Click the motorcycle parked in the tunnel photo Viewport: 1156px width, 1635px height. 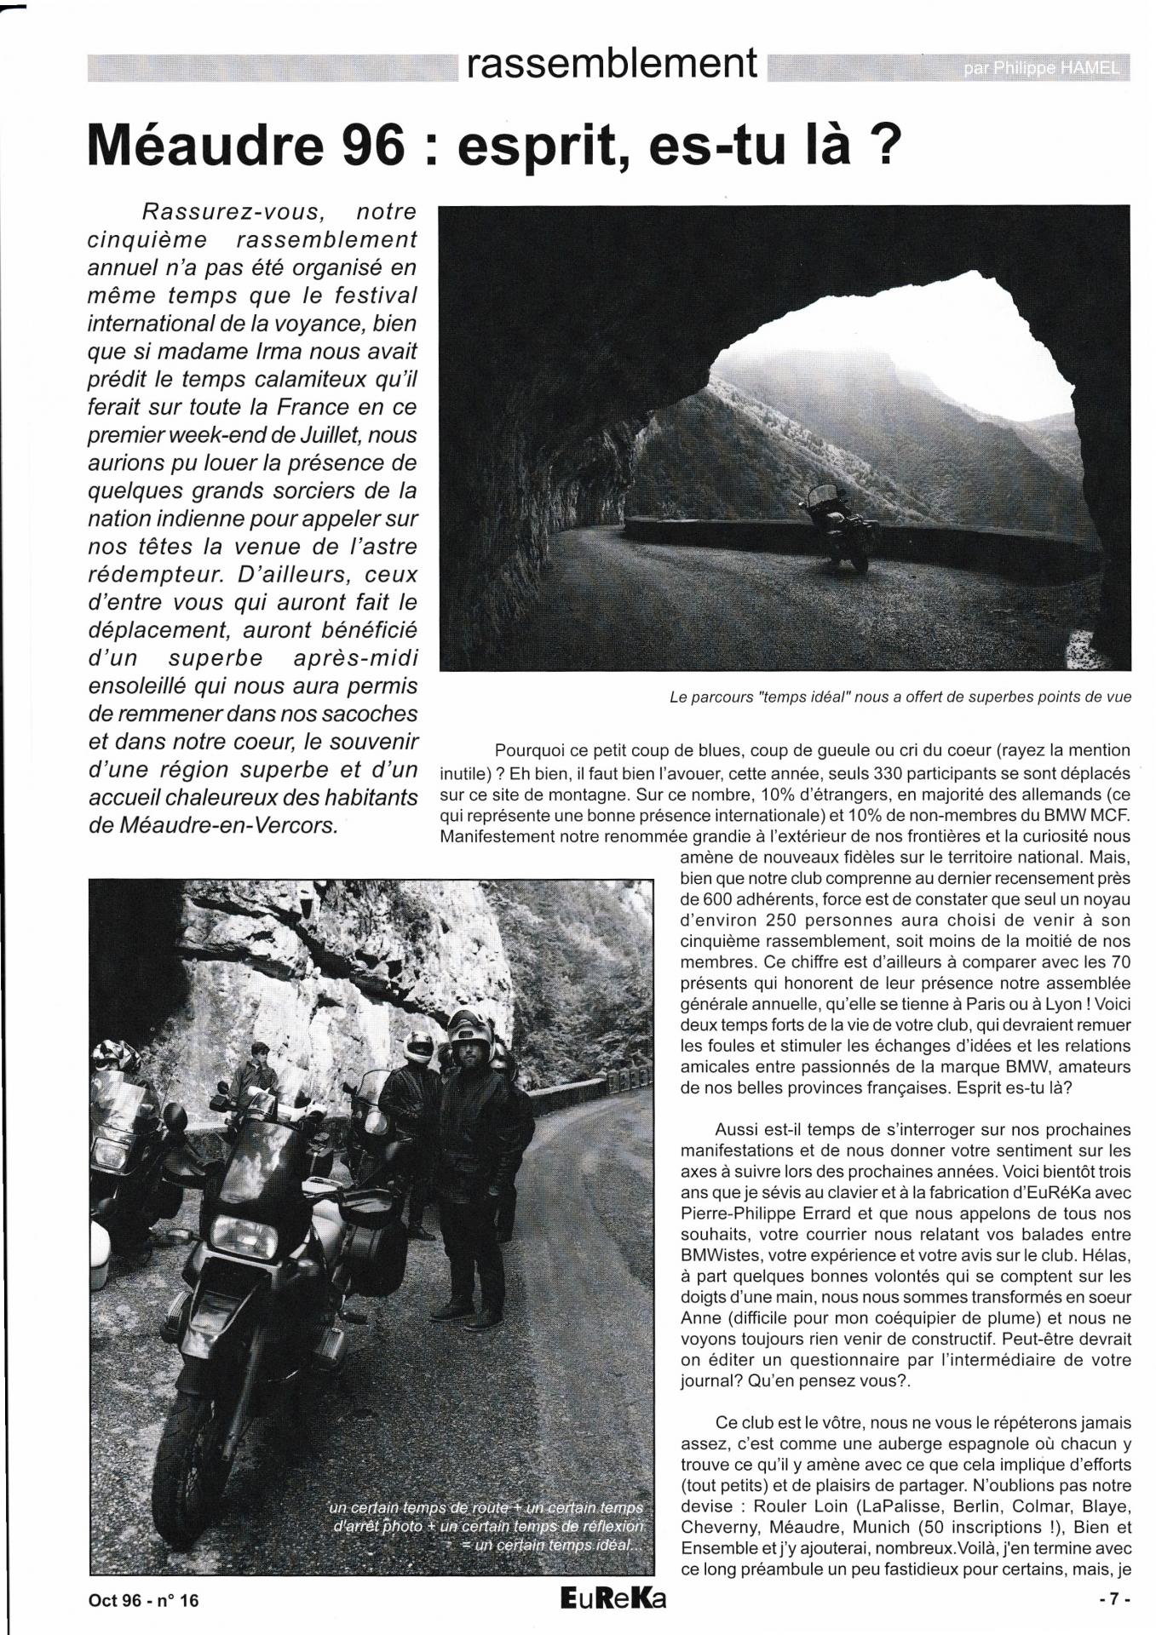tap(839, 526)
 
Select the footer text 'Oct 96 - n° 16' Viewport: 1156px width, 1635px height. tap(143, 1600)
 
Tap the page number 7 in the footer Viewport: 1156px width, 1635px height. tap(1113, 1600)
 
